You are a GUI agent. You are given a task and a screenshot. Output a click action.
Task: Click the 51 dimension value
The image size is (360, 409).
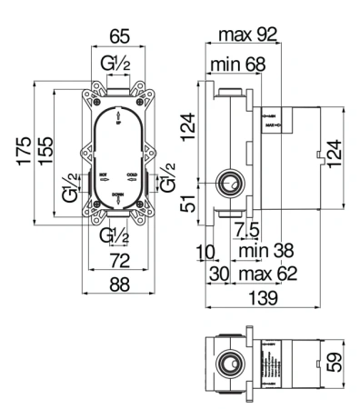(x=188, y=203)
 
